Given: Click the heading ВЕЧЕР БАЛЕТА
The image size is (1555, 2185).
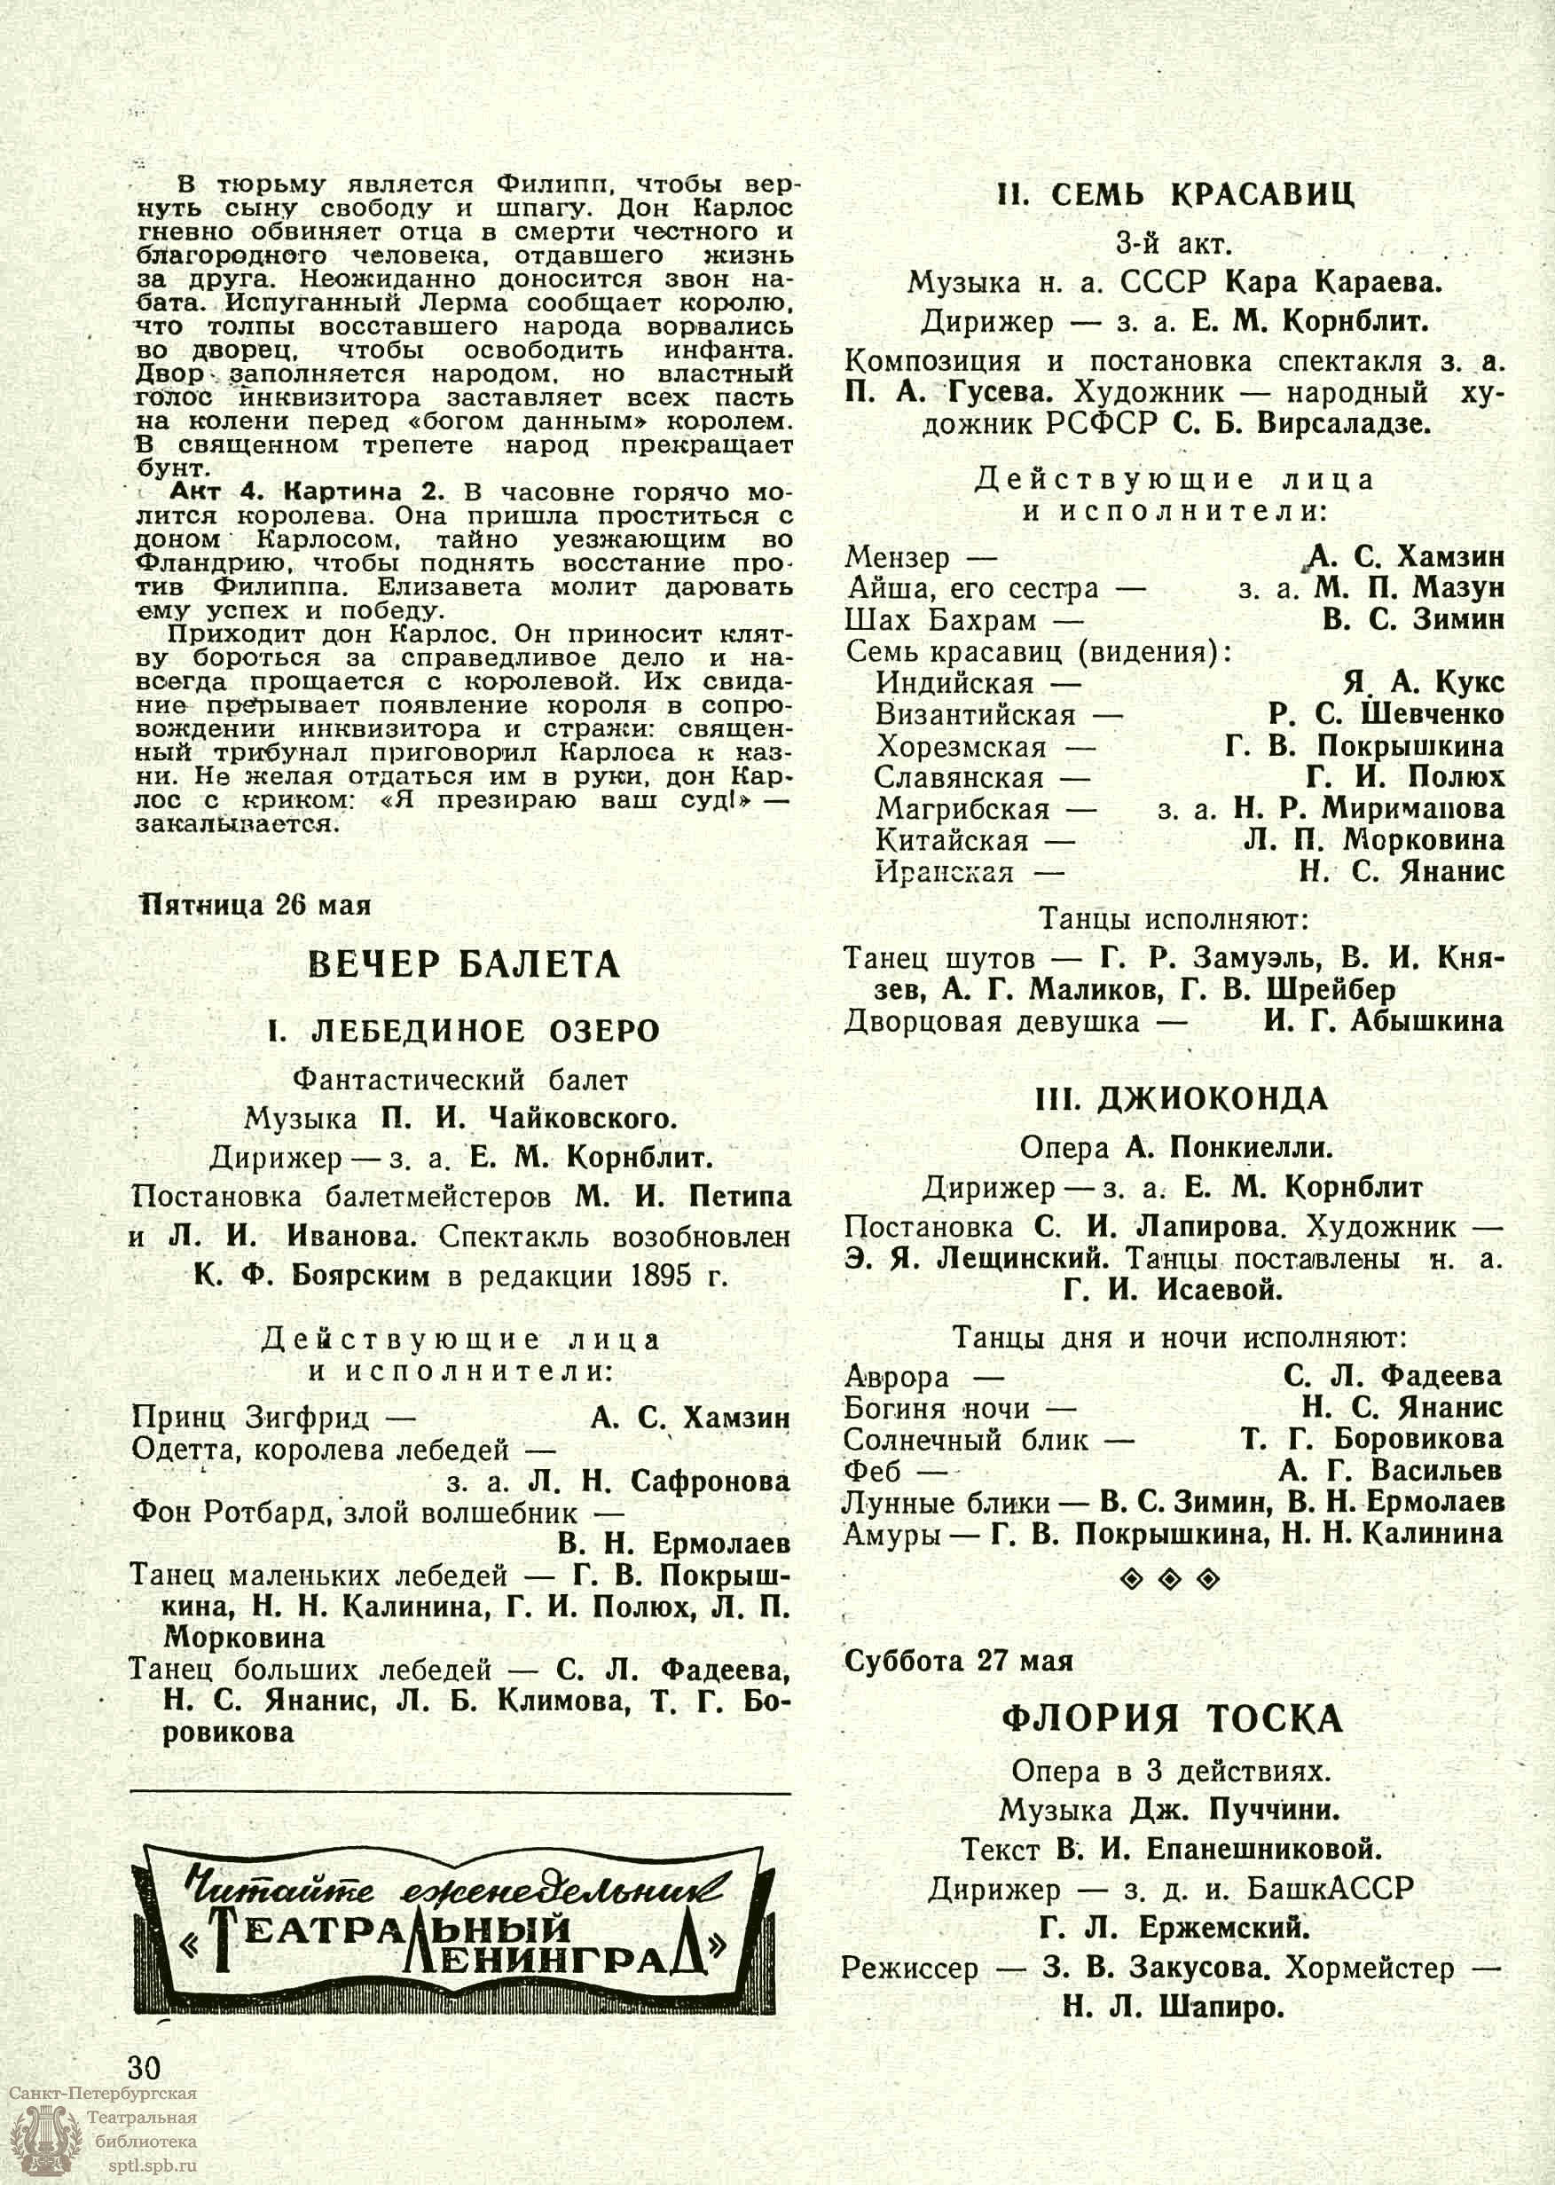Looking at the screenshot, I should click(x=463, y=964).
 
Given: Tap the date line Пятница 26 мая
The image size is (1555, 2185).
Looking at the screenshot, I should click(x=255, y=904).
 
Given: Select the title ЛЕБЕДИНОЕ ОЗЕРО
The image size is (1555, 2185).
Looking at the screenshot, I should click(x=463, y=1031).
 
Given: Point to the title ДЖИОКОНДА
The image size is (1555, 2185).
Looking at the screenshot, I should click(x=1182, y=1099).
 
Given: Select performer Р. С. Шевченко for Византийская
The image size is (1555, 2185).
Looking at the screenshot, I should click(x=1386, y=714).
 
